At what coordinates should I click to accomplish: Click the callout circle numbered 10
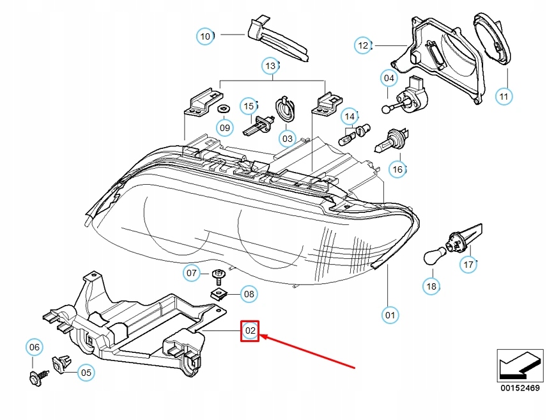tap(205, 37)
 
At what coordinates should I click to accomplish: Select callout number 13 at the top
tap(271, 66)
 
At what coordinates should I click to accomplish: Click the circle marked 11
tap(504, 97)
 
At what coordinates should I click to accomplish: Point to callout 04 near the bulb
tap(389, 79)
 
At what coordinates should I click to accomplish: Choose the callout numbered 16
tap(397, 169)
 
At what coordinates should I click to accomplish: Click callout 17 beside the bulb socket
tap(469, 264)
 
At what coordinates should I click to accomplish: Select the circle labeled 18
tap(432, 286)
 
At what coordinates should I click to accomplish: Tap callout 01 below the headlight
tap(390, 315)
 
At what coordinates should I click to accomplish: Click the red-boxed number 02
tap(250, 331)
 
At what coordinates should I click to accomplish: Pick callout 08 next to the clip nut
tap(249, 295)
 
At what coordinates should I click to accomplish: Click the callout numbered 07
tap(192, 274)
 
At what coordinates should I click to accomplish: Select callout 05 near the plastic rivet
tap(86, 372)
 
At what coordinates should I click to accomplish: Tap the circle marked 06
tap(35, 348)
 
